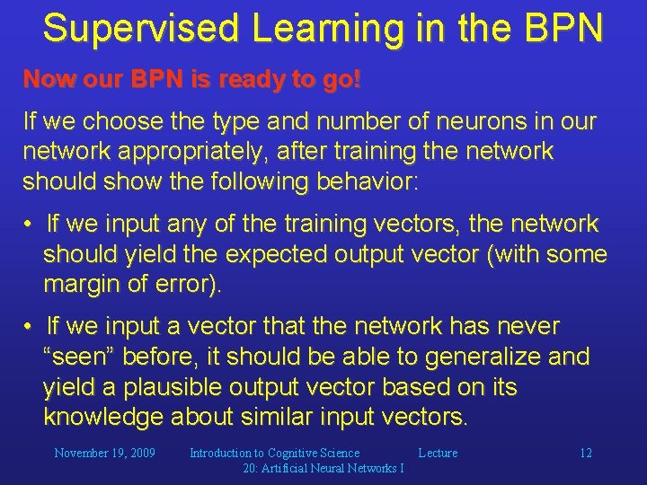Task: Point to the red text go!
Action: tap(342, 80)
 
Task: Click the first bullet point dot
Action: tap(29, 224)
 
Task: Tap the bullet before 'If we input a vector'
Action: tap(29, 326)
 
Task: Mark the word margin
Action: tap(83, 286)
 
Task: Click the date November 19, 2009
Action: tap(104, 453)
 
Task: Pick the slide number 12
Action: tap(585, 453)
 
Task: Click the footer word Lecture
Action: tap(438, 453)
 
